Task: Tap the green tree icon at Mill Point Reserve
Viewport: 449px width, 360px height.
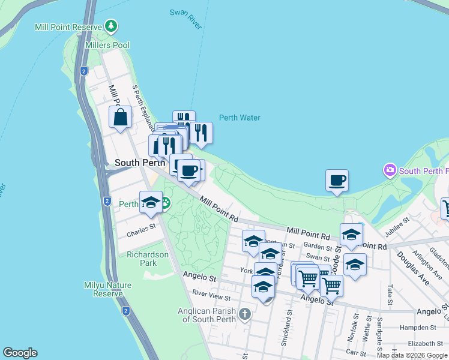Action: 111,26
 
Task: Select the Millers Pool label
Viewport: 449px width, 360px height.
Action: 107,45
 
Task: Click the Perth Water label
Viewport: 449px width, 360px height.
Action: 240,118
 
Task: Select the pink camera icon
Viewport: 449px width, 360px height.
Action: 390,170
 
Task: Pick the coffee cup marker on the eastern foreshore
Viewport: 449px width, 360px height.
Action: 337,180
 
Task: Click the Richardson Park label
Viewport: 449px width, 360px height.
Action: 148,259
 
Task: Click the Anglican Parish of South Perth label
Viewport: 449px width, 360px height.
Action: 207,315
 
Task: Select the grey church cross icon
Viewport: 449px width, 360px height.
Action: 244,314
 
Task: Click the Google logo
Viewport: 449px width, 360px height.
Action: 20,353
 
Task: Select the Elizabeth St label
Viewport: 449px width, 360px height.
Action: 425,343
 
